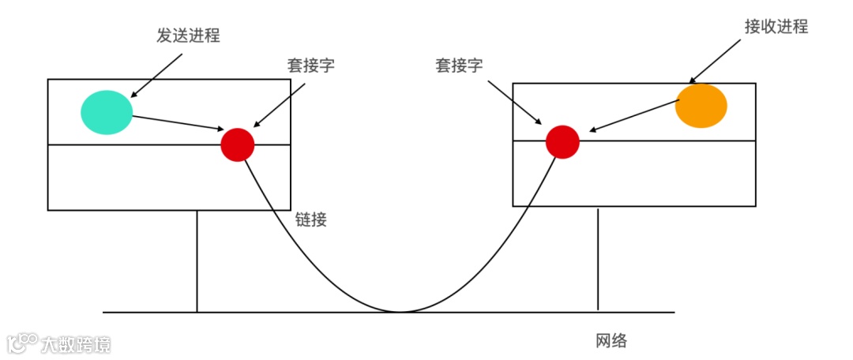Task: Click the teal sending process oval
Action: pos(107,112)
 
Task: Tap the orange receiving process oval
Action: pos(701,106)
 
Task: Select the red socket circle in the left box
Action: pos(237,144)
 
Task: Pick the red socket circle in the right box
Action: pos(562,141)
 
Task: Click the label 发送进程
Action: pos(187,36)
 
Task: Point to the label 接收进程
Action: pos(776,26)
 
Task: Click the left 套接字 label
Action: pos(310,66)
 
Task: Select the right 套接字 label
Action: pos(459,66)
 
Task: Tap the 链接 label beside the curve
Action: pos(311,220)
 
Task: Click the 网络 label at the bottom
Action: pos(611,341)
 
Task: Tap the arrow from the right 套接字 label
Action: pos(514,100)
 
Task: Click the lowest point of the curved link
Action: pos(399,311)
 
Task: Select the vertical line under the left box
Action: pos(197,261)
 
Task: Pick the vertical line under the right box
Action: pos(598,258)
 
